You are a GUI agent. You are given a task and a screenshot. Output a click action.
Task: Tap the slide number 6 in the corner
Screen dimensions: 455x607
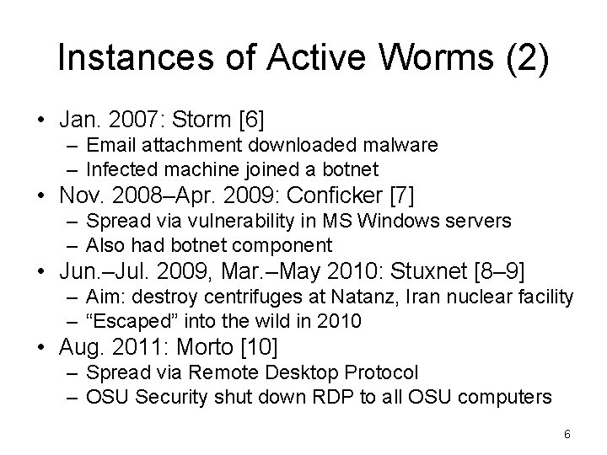click(567, 434)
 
